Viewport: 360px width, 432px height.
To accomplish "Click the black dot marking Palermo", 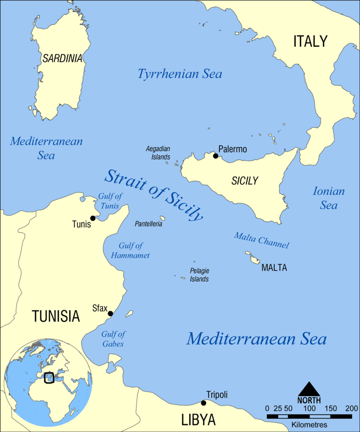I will [x=216, y=156].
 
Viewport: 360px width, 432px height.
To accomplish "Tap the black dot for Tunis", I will [x=93, y=218].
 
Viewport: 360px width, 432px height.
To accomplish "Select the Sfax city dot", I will [x=110, y=314].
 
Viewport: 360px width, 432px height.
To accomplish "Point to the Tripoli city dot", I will [x=203, y=403].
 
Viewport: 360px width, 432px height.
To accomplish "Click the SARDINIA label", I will [x=63, y=58].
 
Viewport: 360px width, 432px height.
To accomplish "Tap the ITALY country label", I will [x=310, y=41].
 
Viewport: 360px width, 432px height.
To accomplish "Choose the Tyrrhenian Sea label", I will [x=180, y=74].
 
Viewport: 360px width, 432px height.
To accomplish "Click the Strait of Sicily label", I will [x=153, y=195].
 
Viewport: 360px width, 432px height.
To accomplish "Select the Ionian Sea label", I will [x=328, y=198].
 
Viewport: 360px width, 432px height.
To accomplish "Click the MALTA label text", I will [x=274, y=268].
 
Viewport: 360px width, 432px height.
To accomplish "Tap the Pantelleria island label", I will [x=148, y=224].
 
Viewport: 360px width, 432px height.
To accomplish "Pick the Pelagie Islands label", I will [x=199, y=275].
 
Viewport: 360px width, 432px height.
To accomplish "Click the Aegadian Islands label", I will [x=158, y=153].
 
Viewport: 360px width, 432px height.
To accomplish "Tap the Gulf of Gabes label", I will [x=113, y=339].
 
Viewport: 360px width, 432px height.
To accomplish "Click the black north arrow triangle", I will [x=309, y=389].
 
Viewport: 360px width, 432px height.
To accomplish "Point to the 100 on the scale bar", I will [x=309, y=408].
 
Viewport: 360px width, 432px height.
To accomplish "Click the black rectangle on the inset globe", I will [x=49, y=377].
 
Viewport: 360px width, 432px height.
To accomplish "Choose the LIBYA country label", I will [x=198, y=419].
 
